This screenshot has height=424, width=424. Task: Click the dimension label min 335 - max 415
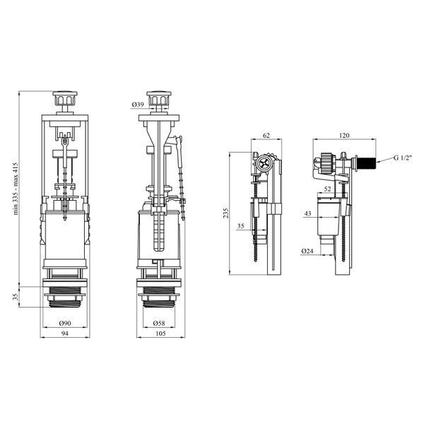click(x=16, y=189)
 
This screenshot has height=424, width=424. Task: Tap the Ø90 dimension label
click(x=65, y=323)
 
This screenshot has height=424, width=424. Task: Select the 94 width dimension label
click(x=65, y=334)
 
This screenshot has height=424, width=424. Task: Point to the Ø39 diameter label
click(x=138, y=104)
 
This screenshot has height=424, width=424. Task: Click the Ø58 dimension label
click(x=159, y=323)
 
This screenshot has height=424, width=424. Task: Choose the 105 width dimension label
click(x=160, y=334)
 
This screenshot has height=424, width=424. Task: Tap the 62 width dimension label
click(x=266, y=135)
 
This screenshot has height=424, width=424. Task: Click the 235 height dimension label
click(x=226, y=213)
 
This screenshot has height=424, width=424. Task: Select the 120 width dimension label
click(x=344, y=135)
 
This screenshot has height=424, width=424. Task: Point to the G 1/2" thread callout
click(x=403, y=158)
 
